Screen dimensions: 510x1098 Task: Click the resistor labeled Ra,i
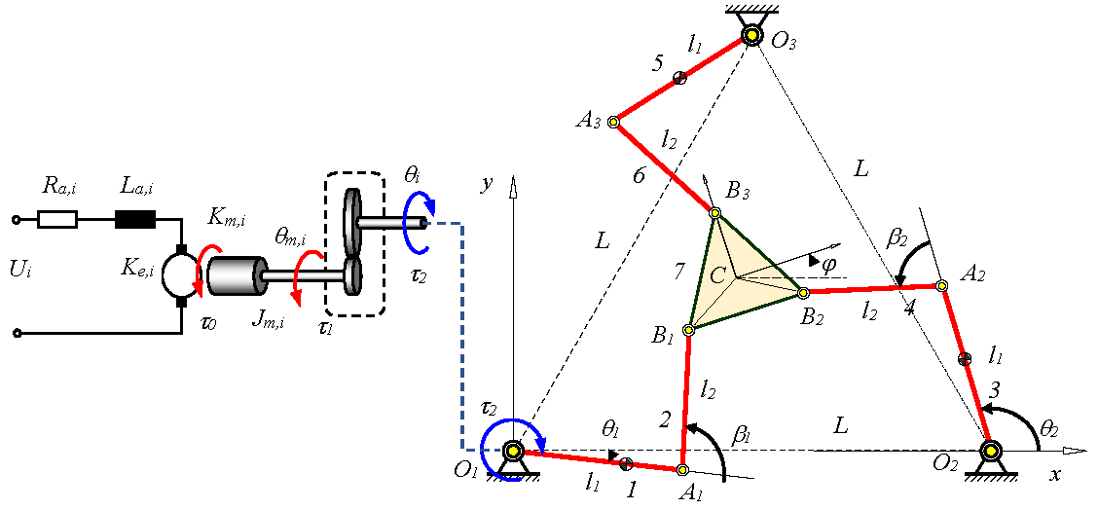56,220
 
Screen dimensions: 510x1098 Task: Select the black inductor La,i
134,220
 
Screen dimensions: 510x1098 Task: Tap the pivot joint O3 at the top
752,37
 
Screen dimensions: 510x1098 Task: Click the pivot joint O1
513,451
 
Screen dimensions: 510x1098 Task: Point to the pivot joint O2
991,451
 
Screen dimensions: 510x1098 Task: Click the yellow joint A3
613,122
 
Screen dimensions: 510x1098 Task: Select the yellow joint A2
941,285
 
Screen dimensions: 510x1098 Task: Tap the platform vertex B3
714,213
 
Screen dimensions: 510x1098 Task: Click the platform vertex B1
688,329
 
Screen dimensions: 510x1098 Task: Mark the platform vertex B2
803,292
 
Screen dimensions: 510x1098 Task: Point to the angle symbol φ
829,264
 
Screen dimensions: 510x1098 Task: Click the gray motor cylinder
237,275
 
